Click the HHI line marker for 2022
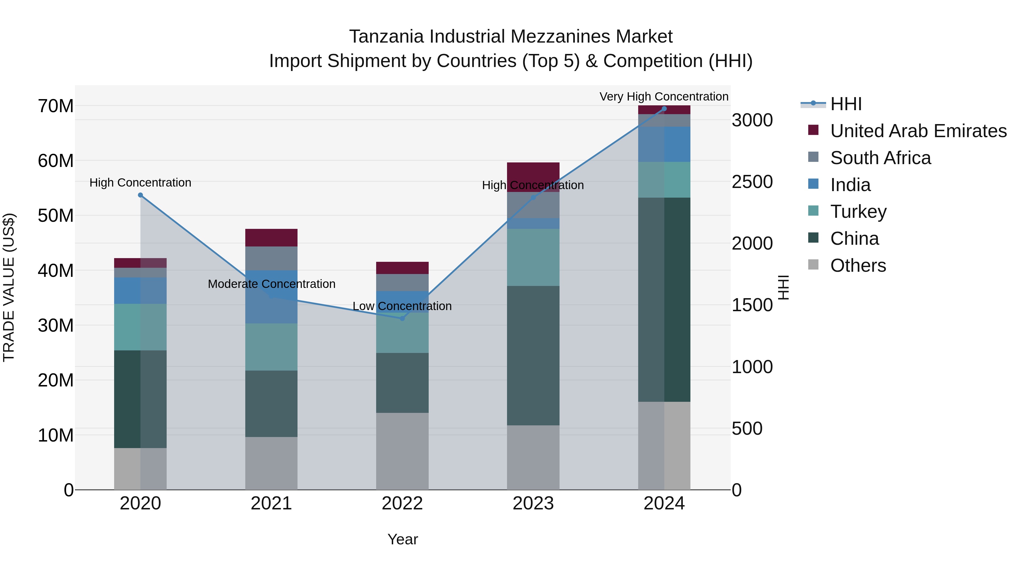click(x=402, y=318)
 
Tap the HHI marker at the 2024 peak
click(x=664, y=109)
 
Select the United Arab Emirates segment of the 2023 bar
click(x=533, y=177)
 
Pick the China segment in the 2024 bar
click(x=664, y=300)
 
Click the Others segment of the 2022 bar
click(x=402, y=451)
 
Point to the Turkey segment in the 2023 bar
click(x=533, y=257)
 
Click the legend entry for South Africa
click(x=880, y=158)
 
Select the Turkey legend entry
click(x=858, y=212)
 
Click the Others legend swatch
click(x=813, y=265)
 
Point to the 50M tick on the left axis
click(x=56, y=216)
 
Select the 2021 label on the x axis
click(x=271, y=503)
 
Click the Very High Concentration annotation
click(x=664, y=97)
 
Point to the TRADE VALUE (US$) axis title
click(x=9, y=287)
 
